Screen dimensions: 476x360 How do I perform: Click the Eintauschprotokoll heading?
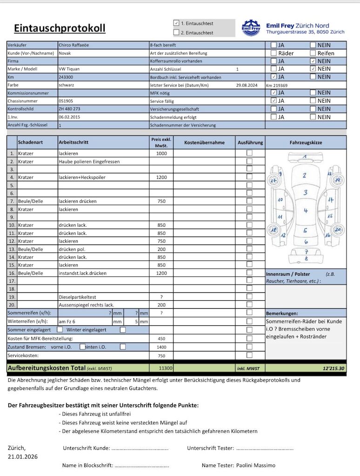coord(60,28)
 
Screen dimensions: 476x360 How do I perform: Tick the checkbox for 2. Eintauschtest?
coord(176,33)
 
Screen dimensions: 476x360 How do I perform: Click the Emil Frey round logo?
coord(252,28)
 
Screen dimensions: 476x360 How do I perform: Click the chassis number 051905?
coord(66,101)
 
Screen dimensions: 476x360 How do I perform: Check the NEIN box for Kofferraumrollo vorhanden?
coord(313,61)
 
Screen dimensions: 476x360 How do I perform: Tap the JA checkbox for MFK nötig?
coord(274,93)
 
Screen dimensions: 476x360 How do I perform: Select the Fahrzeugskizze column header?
coord(306,143)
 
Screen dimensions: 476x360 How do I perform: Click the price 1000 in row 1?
coord(161,153)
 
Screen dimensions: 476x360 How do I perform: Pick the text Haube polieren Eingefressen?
coord(89,161)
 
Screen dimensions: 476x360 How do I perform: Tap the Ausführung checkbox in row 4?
coord(250,177)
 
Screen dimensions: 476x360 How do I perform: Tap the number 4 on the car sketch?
coord(306,211)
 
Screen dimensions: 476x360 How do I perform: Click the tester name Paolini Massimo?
coord(255,465)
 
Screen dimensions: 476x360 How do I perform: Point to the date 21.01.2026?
coord(23,456)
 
